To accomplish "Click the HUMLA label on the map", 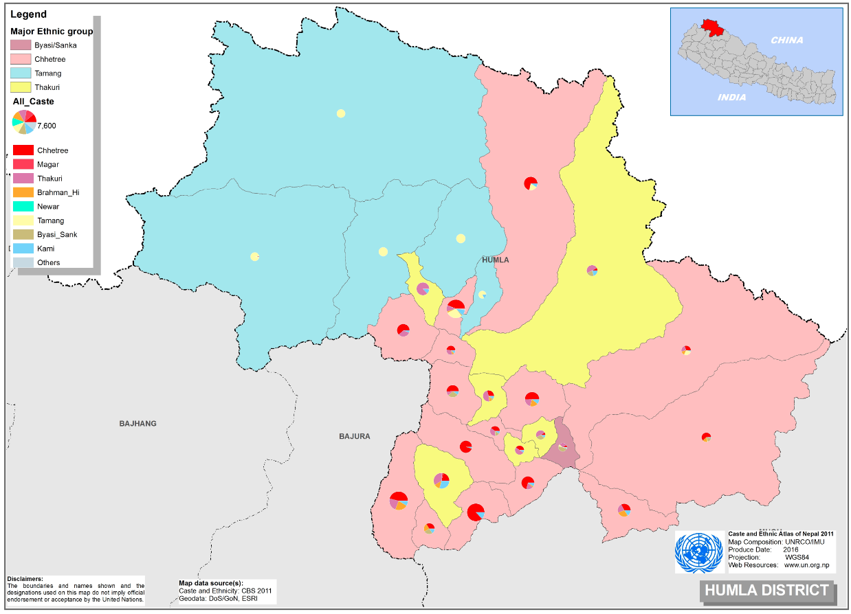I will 495,260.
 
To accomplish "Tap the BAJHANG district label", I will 137,424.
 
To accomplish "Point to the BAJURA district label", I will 355,436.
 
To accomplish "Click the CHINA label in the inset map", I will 786,40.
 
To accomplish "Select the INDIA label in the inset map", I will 731,98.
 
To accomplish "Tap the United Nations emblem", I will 699,552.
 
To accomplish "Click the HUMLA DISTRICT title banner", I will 766,590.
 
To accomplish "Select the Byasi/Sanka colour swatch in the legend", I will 23,45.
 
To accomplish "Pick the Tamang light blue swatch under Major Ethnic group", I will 23,73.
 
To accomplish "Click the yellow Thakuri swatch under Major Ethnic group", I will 23,87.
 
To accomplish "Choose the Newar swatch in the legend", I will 23,206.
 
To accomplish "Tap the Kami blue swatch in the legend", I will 23,248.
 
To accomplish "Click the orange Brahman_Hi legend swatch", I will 23,192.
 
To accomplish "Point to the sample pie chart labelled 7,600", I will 25,122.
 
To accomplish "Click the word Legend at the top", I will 28,14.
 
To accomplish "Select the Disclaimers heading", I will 25,579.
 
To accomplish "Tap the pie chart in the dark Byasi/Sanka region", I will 562,447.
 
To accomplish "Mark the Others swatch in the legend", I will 23,262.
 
